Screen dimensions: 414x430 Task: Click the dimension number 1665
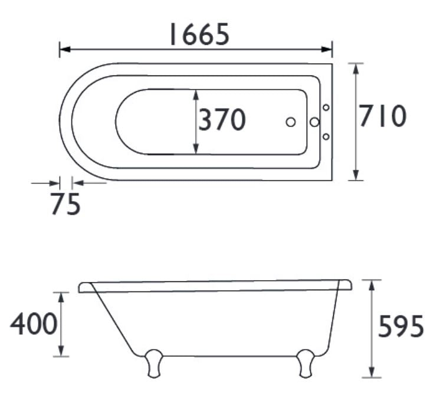click(x=198, y=35)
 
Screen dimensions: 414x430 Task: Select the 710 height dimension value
click(x=383, y=117)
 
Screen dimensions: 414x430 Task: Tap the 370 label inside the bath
click(x=221, y=120)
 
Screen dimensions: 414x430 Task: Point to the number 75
click(x=65, y=205)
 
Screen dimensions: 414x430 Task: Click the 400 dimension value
click(x=33, y=324)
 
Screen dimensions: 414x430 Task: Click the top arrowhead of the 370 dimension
click(x=196, y=94)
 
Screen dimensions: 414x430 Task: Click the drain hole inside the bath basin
click(x=290, y=122)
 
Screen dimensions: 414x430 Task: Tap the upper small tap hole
click(x=326, y=107)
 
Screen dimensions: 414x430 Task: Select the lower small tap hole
click(x=326, y=137)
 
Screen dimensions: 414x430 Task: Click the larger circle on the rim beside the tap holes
click(x=314, y=122)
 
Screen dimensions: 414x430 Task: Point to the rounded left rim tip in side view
click(x=83, y=287)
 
